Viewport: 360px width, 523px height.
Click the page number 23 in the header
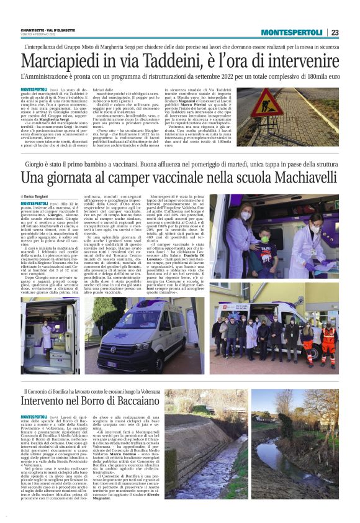(335, 32)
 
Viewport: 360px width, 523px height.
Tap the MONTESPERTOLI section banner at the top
(291, 32)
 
